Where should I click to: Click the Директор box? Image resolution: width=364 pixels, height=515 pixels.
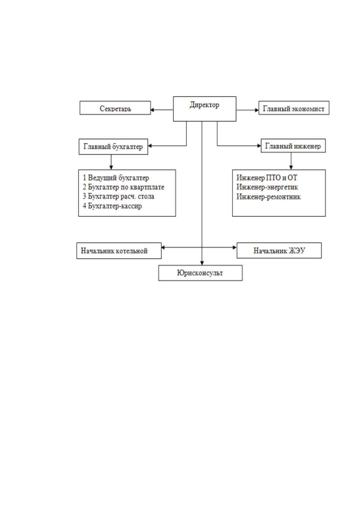tap(204, 109)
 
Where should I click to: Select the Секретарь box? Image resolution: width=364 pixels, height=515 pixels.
tap(115, 108)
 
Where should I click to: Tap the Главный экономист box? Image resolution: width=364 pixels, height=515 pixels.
tap(294, 108)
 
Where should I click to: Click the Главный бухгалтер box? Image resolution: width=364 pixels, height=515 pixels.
tap(113, 147)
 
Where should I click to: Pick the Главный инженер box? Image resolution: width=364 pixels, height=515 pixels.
tap(293, 146)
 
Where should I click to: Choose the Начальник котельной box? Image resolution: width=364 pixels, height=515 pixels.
tap(119, 250)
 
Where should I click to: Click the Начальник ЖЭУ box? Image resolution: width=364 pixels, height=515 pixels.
tap(279, 250)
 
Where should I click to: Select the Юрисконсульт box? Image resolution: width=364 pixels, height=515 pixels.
tap(200, 273)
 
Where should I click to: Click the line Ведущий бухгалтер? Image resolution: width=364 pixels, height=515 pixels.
tap(116, 178)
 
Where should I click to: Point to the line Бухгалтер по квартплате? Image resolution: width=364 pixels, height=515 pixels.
tap(123, 187)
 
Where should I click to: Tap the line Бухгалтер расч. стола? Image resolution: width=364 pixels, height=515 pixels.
tap(118, 196)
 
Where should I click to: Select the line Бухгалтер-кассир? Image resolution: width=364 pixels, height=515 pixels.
tap(112, 206)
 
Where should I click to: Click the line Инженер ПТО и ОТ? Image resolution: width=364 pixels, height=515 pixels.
tap(267, 178)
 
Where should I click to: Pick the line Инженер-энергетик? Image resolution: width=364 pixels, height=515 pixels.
tap(267, 187)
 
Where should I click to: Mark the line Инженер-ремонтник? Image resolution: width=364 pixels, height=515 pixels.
tap(269, 197)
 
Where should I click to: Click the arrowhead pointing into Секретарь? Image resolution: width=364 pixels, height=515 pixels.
tap(152, 110)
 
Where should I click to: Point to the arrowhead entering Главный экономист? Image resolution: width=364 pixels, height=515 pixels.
tap(257, 110)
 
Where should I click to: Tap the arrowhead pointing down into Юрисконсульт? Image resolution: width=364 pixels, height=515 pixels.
tap(202, 263)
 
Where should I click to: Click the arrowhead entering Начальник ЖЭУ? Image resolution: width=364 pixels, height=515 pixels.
tap(235, 248)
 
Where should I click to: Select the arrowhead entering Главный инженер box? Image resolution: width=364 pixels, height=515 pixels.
tap(259, 146)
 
